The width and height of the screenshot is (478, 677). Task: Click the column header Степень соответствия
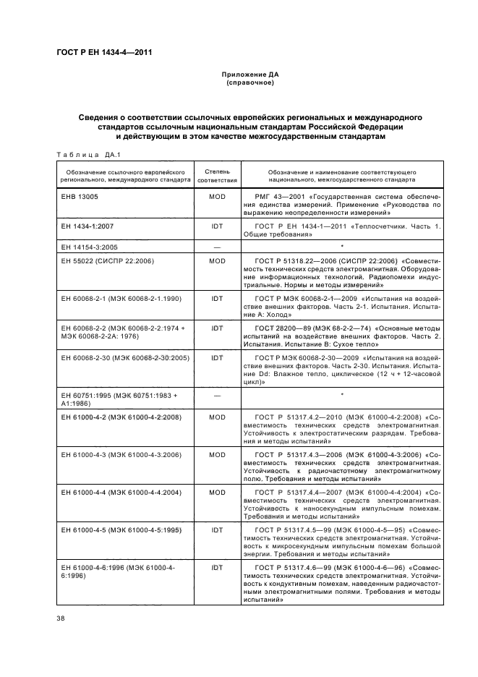216,175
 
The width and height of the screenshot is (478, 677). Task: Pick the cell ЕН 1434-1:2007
85,228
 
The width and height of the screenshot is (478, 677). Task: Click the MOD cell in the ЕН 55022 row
216,260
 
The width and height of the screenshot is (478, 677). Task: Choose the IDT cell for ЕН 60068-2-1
216,297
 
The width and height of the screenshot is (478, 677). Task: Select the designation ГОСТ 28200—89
289,328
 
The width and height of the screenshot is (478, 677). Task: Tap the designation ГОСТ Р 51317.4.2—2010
306,417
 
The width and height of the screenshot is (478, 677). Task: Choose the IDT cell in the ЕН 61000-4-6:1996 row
216,568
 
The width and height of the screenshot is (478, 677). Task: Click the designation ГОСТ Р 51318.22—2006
300,260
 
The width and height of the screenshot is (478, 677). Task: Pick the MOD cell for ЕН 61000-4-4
216,493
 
